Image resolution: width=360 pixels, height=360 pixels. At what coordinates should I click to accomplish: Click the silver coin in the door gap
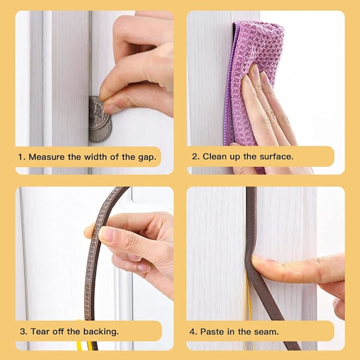coord(99,119)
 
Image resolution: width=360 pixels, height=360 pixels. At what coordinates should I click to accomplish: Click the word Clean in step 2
coord(214,157)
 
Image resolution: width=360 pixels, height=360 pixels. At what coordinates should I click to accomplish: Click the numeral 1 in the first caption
coord(21,157)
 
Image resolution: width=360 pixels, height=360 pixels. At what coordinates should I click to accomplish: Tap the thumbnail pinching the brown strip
coord(106,234)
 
